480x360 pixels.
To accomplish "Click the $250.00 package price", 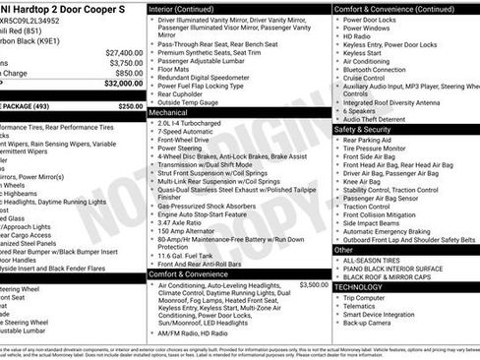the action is tap(130, 105).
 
